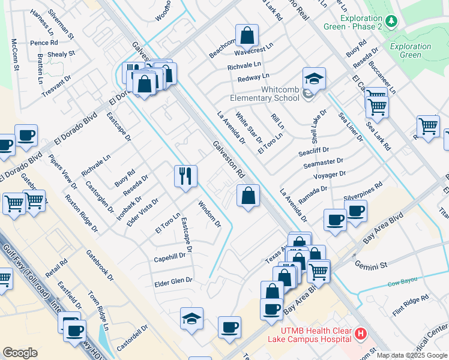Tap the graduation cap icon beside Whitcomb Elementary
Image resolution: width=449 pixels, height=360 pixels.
[314, 79]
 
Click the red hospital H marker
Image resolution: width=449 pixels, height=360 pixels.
[360, 334]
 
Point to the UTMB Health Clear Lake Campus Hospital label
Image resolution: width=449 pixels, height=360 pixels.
[316, 337]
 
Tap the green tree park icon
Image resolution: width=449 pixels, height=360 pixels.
[392, 22]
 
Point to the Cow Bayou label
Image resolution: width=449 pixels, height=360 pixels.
[402, 284]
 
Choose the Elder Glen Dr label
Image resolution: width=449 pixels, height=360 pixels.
[173, 280]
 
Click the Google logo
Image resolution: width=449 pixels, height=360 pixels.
[20, 352]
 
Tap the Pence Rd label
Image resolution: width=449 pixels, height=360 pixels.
[44, 43]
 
